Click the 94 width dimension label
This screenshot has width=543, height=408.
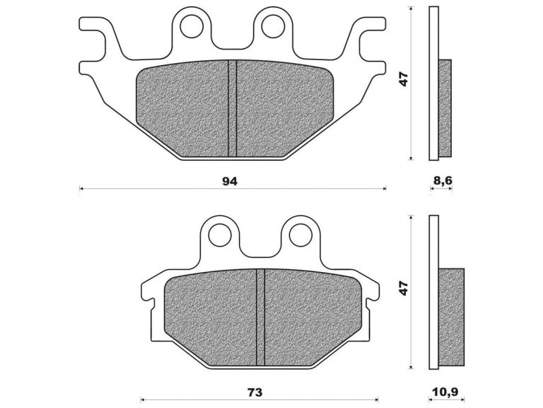[229, 181]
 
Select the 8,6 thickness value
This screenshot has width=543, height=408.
[442, 181]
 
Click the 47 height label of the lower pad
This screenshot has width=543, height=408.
[404, 288]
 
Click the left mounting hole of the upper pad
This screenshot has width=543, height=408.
[190, 26]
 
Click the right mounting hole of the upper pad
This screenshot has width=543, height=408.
[271, 26]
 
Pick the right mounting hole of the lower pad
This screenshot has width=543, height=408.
[300, 234]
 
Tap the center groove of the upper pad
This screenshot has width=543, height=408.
[231, 108]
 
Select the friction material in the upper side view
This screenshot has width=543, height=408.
[445, 108]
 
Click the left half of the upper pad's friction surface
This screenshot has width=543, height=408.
[182, 108]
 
